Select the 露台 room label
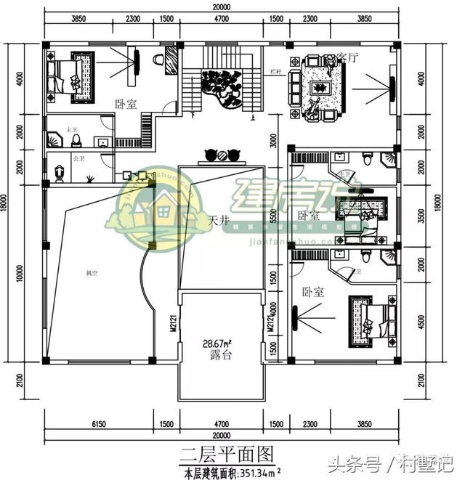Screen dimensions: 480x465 [x=221, y=355]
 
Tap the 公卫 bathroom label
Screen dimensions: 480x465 [x=77, y=158]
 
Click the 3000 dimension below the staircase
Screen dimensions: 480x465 [x=272, y=139]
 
